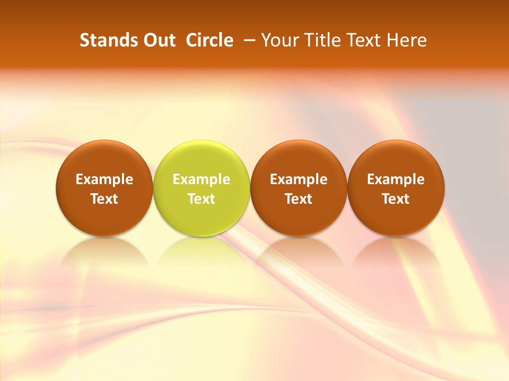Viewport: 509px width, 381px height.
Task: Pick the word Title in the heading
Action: pyautogui.click(x=320, y=40)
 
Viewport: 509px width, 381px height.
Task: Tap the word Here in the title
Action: pyautogui.click(x=407, y=40)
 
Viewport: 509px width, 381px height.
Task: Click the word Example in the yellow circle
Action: pyautogui.click(x=201, y=179)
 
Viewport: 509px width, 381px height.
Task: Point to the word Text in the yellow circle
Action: pyautogui.click(x=201, y=199)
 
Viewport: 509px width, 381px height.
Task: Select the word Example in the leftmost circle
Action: pyautogui.click(x=104, y=179)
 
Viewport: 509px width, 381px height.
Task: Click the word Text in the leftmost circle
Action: pyautogui.click(x=104, y=199)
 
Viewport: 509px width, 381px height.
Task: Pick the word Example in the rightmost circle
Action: pyautogui.click(x=396, y=179)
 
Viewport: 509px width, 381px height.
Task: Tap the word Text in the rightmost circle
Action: pyautogui.click(x=396, y=199)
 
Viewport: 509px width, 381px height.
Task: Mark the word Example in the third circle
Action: pyautogui.click(x=299, y=179)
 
